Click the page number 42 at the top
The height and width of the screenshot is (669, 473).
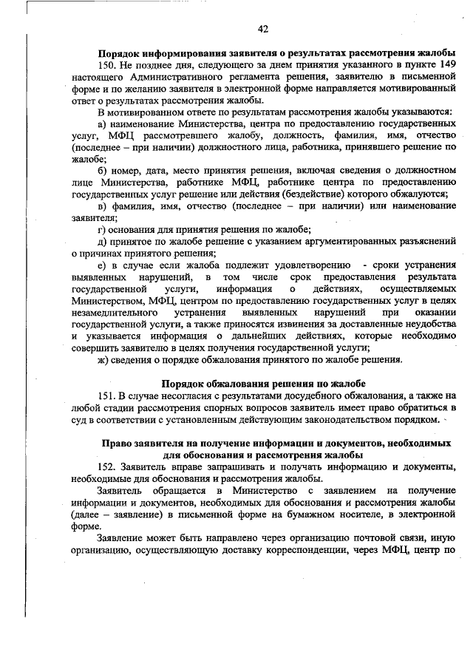(262, 29)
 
